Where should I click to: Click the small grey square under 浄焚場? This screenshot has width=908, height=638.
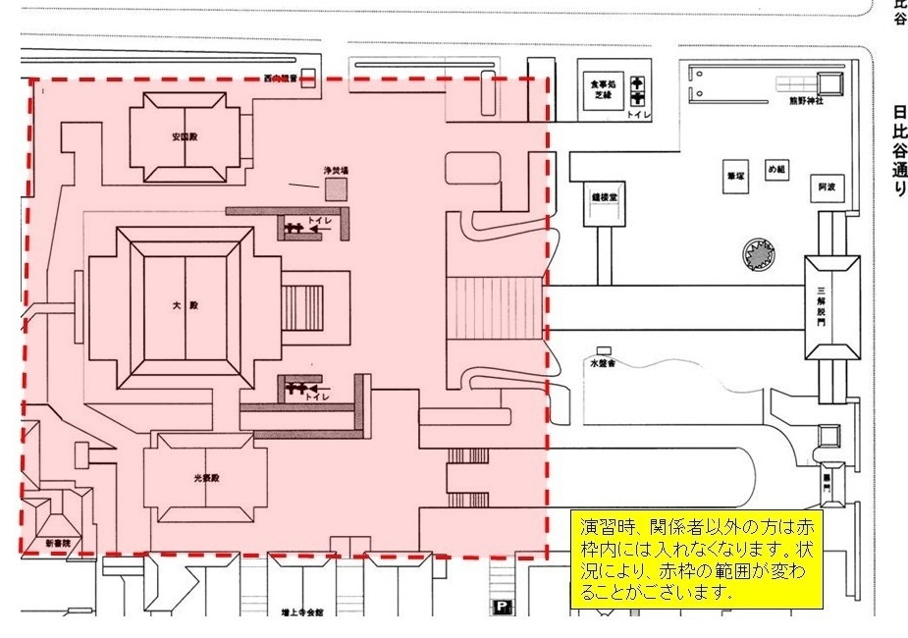[338, 189]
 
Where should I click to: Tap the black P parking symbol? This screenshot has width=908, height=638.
[502, 607]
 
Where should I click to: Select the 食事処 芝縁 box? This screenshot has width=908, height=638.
[595, 90]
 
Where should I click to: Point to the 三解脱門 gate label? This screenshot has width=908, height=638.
[823, 306]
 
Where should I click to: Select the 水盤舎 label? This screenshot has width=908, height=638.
[601, 362]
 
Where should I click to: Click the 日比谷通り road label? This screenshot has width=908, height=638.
[898, 152]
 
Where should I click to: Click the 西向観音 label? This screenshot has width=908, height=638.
[281, 79]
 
